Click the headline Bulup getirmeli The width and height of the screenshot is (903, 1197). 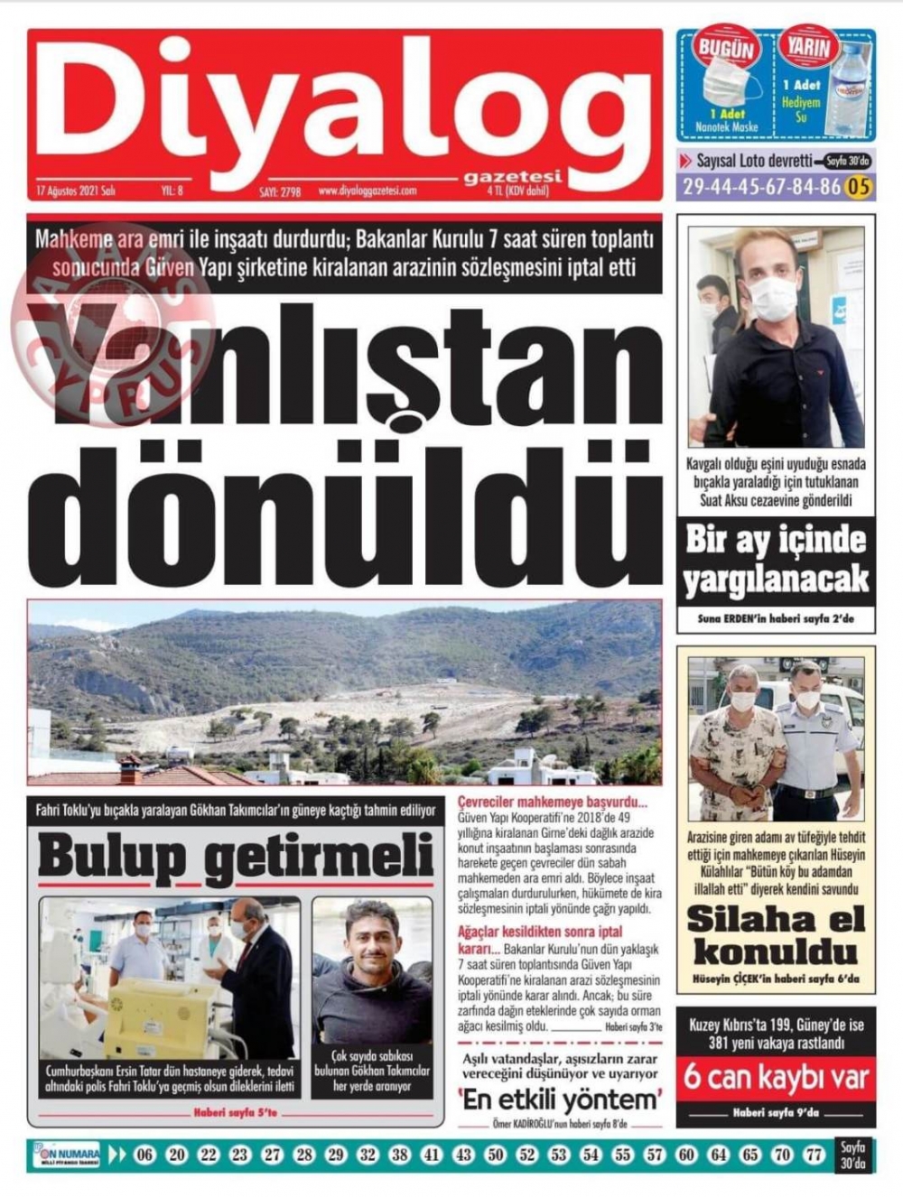pos(235,857)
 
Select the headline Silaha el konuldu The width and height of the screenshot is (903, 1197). pos(776,934)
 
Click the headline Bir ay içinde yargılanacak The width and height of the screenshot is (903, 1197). pos(776,560)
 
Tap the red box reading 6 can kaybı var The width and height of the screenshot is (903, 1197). pos(776,1078)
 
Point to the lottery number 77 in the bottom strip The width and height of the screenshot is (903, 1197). pos(815,1155)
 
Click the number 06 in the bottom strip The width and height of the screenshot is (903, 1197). pos(144,1155)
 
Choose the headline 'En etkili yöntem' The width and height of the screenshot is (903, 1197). pos(559,1100)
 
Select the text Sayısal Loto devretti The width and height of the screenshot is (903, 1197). pos(754,162)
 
